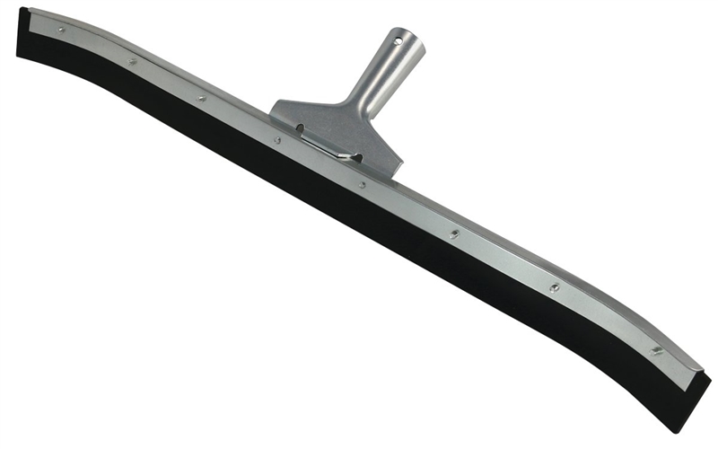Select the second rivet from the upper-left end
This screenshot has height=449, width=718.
pos(132,61)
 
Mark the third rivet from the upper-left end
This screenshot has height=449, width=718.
pos(201,98)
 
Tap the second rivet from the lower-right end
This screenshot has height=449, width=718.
pos(554,287)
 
